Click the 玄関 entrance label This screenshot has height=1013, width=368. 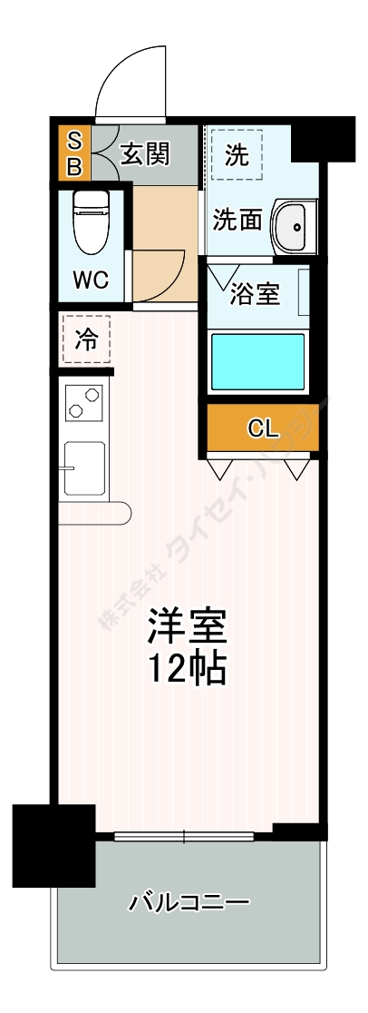145,154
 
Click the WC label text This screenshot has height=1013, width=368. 91,280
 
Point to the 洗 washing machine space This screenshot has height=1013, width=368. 236,155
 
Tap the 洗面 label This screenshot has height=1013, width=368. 238,220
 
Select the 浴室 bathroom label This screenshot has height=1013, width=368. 255,293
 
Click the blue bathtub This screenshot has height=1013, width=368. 258,361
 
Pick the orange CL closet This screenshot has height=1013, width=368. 263,428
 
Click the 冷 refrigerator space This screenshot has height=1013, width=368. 86,340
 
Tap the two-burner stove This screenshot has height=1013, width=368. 82,403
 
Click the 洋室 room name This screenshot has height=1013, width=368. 187,626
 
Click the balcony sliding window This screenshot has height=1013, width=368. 184,836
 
